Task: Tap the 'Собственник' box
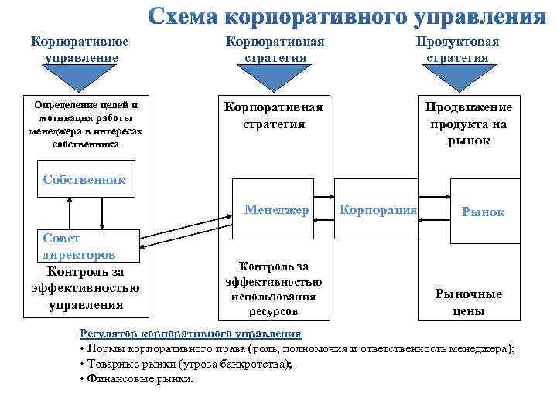coord(83,179)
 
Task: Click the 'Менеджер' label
coord(276,209)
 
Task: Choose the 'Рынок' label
coord(483,212)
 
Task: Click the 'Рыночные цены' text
coord(468,302)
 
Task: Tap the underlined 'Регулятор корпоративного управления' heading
coord(190,334)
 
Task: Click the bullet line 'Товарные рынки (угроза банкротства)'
coord(186,364)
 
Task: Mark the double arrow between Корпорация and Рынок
coord(435,208)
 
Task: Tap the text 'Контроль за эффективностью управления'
coord(85,288)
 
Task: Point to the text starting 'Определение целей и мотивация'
coord(81,124)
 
